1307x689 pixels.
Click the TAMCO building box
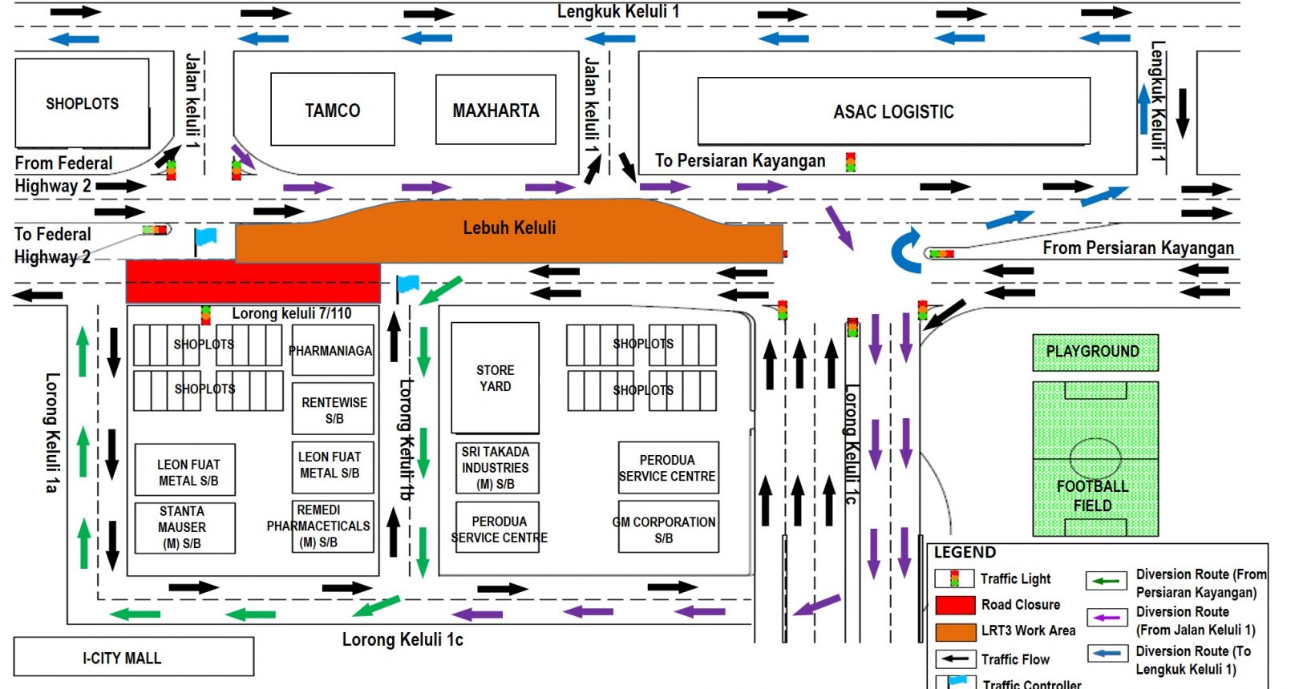pyautogui.click(x=333, y=109)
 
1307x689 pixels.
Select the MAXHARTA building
pyautogui.click(x=496, y=110)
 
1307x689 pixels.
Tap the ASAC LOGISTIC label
pyautogui.click(x=893, y=111)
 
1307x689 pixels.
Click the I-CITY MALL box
pyautogui.click(x=134, y=657)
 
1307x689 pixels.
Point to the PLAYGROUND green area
pyautogui.click(x=1095, y=352)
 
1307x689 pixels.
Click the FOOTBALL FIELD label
pyautogui.click(x=1092, y=495)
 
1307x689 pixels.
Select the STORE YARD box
pyautogui.click(x=495, y=377)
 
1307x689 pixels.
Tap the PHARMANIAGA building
pyautogui.click(x=333, y=350)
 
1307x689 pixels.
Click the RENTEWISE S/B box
pyautogui.click(x=333, y=409)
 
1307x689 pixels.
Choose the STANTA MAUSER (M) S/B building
pyautogui.click(x=185, y=527)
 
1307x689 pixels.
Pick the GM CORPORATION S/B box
pyautogui.click(x=668, y=526)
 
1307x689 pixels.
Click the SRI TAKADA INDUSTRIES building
pyautogui.click(x=497, y=468)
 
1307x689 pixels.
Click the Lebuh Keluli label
pyautogui.click(x=509, y=228)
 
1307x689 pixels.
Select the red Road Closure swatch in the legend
pyautogui.click(x=955, y=605)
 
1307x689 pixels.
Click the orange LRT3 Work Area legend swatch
pyautogui.click(x=955, y=632)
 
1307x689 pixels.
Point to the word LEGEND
pyautogui.click(x=965, y=552)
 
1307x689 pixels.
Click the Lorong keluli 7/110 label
pyautogui.click(x=292, y=313)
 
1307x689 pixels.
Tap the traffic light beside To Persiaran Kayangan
pyautogui.click(x=851, y=162)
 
